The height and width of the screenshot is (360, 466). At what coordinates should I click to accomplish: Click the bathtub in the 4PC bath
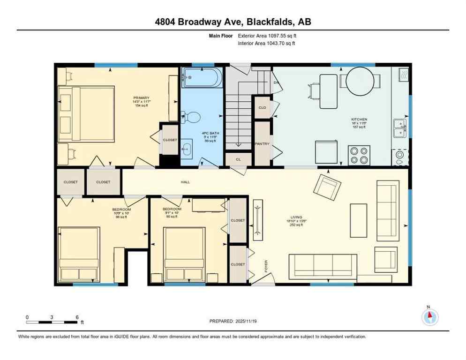202,78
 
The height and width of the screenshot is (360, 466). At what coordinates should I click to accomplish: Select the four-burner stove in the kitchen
359,155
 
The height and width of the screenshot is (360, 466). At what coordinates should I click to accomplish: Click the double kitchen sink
399,127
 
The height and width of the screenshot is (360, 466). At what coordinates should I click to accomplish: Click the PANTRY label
262,144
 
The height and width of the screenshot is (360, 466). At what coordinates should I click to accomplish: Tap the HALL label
185,182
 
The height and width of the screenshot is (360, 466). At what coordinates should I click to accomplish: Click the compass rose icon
429,317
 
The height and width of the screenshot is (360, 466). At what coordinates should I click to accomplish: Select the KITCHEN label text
359,120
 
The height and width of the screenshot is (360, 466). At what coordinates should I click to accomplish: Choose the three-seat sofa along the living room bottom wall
323,266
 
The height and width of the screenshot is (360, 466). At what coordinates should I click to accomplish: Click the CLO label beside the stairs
262,107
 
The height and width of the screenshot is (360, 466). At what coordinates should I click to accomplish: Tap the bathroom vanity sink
186,150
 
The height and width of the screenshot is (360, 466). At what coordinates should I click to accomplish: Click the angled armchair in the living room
327,186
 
